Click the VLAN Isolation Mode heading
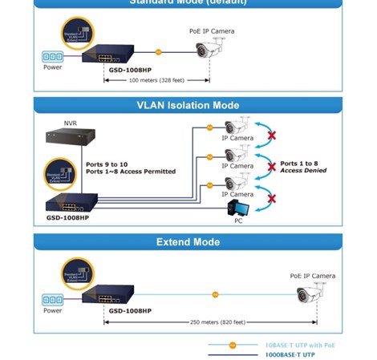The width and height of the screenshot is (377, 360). [x=188, y=105]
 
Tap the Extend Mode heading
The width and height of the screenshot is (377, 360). [x=188, y=241]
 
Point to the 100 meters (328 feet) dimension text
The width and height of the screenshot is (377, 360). [x=156, y=80]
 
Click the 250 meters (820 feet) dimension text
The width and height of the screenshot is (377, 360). [x=217, y=322]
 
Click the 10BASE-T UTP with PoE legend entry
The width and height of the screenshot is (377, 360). [x=300, y=345]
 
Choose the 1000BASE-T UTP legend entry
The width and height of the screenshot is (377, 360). [x=290, y=354]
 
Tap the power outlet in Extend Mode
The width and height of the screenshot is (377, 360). [x=52, y=299]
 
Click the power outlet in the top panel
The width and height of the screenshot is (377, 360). [x=52, y=57]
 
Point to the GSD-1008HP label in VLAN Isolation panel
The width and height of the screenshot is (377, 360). [x=67, y=217]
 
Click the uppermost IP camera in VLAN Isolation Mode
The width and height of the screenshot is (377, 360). [x=237, y=125]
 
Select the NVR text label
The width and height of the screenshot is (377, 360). [x=71, y=123]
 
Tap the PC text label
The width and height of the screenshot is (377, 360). [x=238, y=220]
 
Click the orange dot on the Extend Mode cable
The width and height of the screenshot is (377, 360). [x=215, y=294]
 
